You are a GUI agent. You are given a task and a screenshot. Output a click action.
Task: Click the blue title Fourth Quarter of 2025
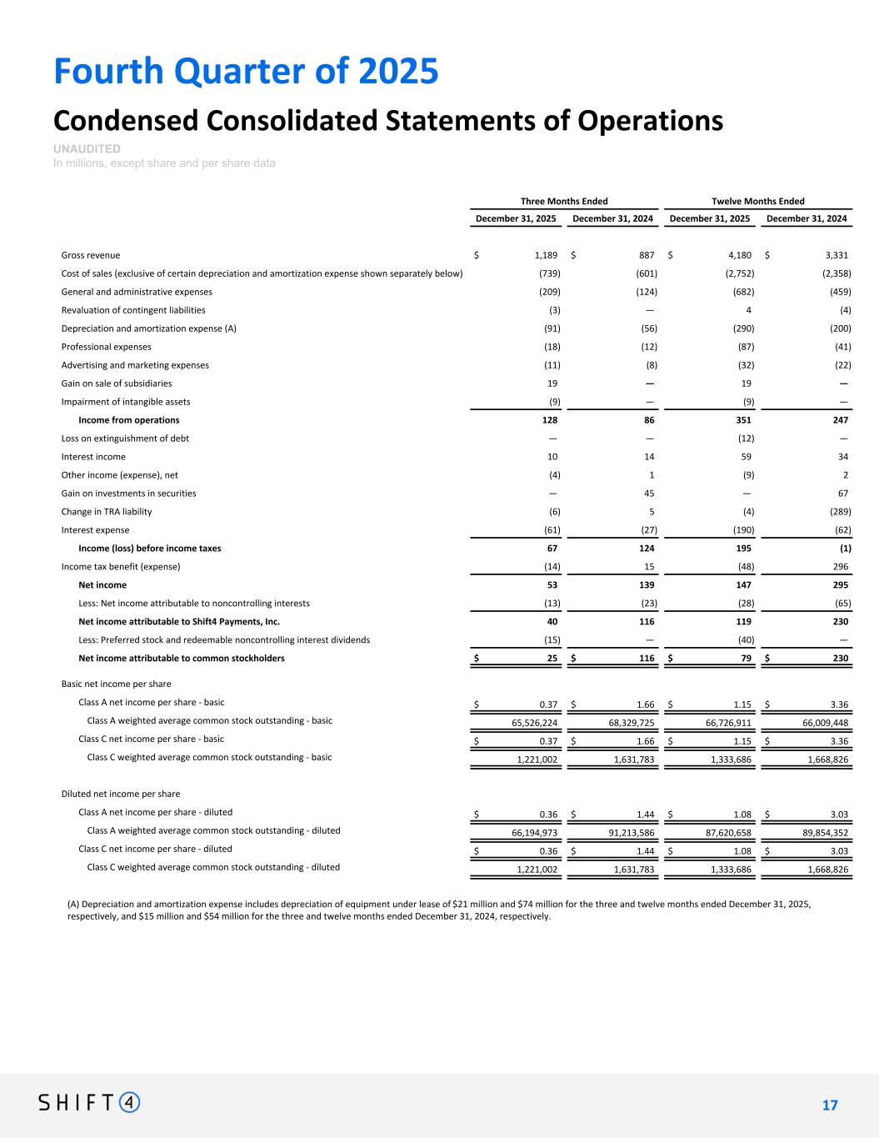coord(246,72)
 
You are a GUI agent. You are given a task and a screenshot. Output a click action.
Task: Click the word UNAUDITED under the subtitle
coord(87,148)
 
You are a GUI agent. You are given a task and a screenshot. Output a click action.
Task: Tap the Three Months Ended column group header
coord(564,201)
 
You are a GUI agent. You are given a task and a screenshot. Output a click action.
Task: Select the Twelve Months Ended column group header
coord(757,201)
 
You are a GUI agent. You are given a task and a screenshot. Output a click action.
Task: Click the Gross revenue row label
coord(91,255)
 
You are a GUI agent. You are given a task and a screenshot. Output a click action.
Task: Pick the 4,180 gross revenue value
coord(739,255)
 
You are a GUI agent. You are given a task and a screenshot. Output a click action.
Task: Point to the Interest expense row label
coord(95,530)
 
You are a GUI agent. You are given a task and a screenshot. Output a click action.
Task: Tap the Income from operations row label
coord(128,420)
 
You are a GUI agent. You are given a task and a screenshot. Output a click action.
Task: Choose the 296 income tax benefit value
coord(840,567)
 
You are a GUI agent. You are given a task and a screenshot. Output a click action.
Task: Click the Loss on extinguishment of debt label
coord(125,439)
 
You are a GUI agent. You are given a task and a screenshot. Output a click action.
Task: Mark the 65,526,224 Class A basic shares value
coord(534,723)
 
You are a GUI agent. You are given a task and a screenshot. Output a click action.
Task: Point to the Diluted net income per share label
coord(121,795)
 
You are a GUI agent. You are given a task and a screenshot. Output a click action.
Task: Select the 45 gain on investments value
coord(649,494)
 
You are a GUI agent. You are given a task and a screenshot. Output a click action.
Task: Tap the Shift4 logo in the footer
coord(89,1102)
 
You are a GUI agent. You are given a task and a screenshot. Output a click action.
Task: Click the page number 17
coord(830,1105)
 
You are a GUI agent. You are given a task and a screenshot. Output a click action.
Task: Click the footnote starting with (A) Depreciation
coord(439,910)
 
